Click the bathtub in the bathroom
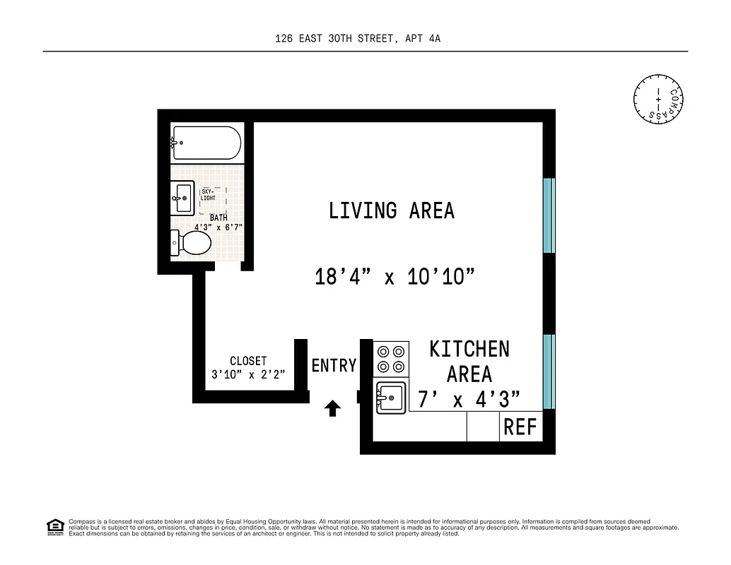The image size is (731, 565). coord(206,143)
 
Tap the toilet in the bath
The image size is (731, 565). coord(192,244)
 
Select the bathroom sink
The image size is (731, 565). coord(183,198)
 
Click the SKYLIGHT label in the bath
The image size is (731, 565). coord(209,195)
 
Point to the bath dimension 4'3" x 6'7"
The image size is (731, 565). coord(218,227)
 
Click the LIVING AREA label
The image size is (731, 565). coord(391,210)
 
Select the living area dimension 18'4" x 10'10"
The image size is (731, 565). coord(394,277)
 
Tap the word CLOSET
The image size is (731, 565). coord(248,361)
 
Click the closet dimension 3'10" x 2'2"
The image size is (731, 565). coord(248,375)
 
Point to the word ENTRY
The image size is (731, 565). coord(334,365)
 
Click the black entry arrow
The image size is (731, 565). coord(332,408)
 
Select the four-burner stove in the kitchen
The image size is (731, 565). coord(391,359)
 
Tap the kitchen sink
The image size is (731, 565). coord(391,397)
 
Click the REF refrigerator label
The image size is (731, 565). coord(520,427)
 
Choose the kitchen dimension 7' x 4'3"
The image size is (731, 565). coord(469,400)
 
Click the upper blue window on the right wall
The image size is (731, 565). coord(549,215)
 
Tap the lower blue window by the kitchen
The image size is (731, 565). coord(549,371)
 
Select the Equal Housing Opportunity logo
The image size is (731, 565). coord(54,526)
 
